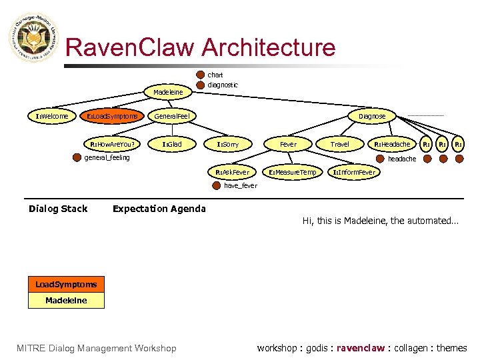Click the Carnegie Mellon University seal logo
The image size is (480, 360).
(x=33, y=38)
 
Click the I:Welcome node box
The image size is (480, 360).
(x=52, y=116)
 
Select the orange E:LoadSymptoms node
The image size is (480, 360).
(x=111, y=116)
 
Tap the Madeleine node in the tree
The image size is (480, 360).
(x=168, y=91)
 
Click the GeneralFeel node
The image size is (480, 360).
(x=172, y=116)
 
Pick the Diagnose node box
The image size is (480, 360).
(x=372, y=116)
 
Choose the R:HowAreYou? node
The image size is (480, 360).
(x=112, y=144)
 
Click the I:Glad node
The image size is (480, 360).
(x=172, y=144)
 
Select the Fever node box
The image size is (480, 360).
(x=288, y=144)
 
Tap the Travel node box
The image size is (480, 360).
(x=340, y=144)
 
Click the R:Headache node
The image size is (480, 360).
(x=392, y=144)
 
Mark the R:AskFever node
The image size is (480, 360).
(x=232, y=172)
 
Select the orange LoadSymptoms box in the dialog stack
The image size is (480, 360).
(x=66, y=285)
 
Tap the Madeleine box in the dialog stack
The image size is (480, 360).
(x=66, y=301)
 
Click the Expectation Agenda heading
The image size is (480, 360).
(x=159, y=209)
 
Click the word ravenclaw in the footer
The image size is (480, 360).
(x=361, y=348)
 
